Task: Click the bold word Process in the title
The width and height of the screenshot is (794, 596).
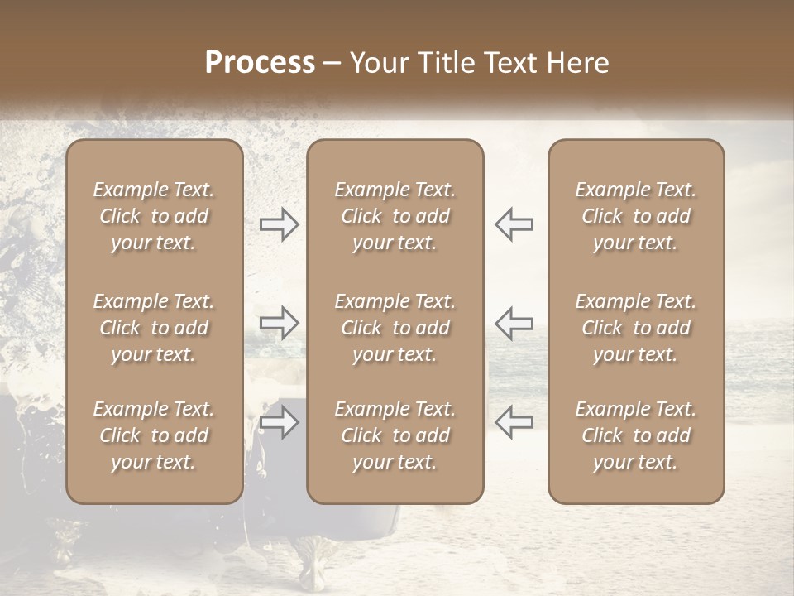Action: tap(260, 63)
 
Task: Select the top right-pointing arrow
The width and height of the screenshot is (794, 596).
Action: tap(279, 223)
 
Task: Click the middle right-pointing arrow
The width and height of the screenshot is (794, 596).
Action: tap(279, 322)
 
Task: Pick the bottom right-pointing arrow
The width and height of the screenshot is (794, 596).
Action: tap(279, 423)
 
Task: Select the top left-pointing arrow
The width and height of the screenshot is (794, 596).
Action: tap(514, 223)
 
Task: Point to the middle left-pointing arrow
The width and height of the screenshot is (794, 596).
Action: tap(514, 322)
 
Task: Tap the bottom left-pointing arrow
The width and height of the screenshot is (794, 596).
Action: tap(514, 421)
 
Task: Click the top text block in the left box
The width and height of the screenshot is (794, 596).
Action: tap(154, 216)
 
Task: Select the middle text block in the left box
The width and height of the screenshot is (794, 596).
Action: tap(154, 328)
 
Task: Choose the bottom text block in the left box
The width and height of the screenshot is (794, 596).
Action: tap(154, 435)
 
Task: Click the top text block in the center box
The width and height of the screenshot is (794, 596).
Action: tap(395, 216)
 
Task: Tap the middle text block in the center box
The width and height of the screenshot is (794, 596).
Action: tap(395, 328)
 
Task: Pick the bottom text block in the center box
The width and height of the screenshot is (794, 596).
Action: tap(395, 435)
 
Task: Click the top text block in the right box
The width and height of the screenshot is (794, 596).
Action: tap(636, 216)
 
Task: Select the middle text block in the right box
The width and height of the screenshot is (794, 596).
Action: tap(636, 328)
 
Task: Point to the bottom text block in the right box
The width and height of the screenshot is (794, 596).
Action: tap(636, 435)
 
